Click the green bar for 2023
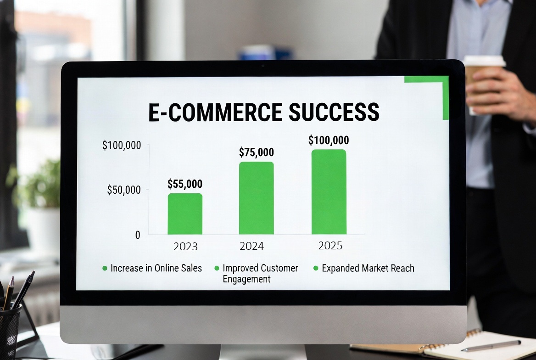pos(185,214)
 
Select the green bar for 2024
pos(256,198)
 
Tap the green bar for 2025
pos(329,192)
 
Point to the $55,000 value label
pos(184,184)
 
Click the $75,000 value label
pos(256,152)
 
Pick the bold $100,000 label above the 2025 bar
pos(329,140)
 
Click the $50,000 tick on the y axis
pos(124,190)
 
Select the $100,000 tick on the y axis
pos(122,146)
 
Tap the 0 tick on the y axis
pos(138,235)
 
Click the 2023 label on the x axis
pos(185,247)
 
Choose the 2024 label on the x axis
pos(252,246)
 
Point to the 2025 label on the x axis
pos(330,246)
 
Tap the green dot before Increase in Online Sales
pos(105,268)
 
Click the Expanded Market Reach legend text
pos(368,268)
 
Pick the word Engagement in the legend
pos(246,279)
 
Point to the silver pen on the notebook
pos(491,346)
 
